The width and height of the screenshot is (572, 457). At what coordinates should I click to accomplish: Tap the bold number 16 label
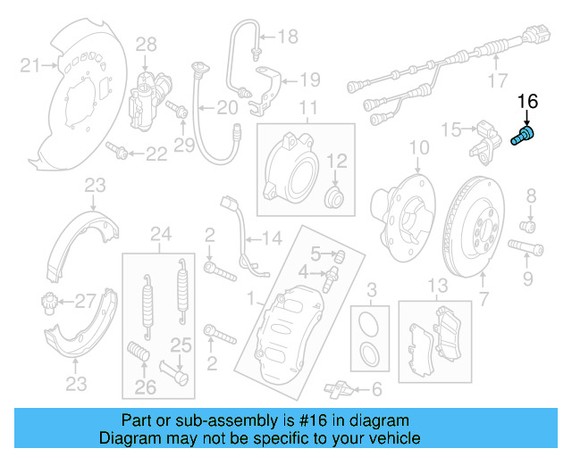pos(529,101)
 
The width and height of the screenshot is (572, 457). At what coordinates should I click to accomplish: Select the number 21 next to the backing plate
pos(29,64)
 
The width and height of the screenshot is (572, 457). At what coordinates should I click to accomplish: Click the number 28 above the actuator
pos(146,44)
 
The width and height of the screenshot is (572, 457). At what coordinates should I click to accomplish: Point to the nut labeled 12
pos(335,195)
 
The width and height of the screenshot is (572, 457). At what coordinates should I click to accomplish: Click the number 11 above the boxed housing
pos(307,110)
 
